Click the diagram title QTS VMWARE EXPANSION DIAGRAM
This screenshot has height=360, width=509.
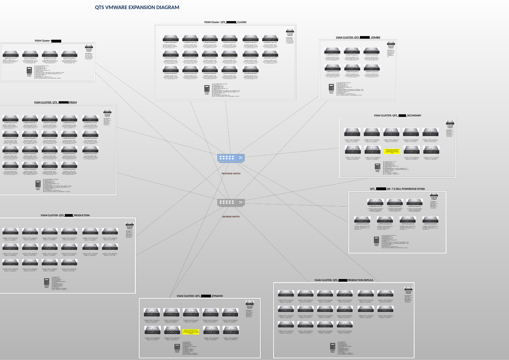[x=137, y=8]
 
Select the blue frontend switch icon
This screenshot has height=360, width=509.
[x=231, y=158]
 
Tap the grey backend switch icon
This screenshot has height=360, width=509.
[x=231, y=202]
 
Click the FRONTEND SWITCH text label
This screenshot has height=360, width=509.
[x=231, y=174]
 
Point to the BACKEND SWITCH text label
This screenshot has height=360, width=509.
[x=231, y=217]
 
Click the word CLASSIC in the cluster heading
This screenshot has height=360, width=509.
[x=242, y=22]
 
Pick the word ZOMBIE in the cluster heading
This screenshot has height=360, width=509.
[x=375, y=37]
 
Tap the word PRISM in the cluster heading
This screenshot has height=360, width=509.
[x=73, y=103]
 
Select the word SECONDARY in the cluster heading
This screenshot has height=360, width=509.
[x=414, y=116]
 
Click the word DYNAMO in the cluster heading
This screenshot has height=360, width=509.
[x=217, y=296]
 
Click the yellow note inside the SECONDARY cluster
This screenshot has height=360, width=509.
[x=392, y=151]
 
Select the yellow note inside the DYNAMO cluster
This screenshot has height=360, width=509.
[x=191, y=332]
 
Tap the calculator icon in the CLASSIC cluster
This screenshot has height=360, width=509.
[x=207, y=88]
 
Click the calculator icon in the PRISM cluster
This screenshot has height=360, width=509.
[x=38, y=184]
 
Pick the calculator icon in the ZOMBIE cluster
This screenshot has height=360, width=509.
[x=331, y=87]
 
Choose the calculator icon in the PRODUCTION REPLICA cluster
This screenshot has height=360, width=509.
[x=332, y=346]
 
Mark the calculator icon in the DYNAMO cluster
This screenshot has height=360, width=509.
[x=177, y=347]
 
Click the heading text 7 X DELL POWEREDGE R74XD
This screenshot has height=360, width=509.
[x=406, y=189]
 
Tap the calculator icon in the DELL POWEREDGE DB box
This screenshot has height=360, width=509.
[x=376, y=240]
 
